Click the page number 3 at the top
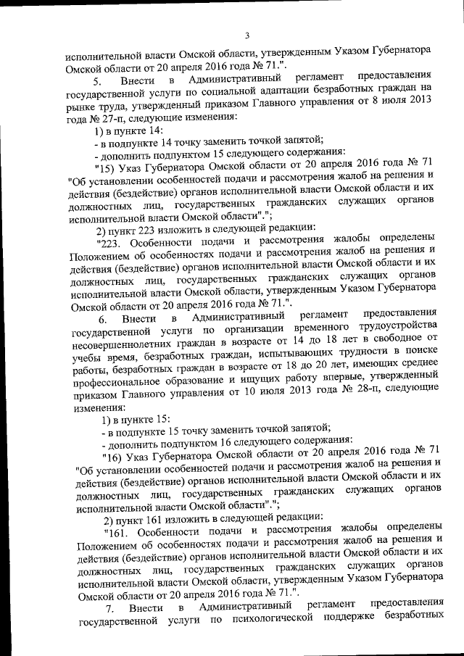point(246,36)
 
